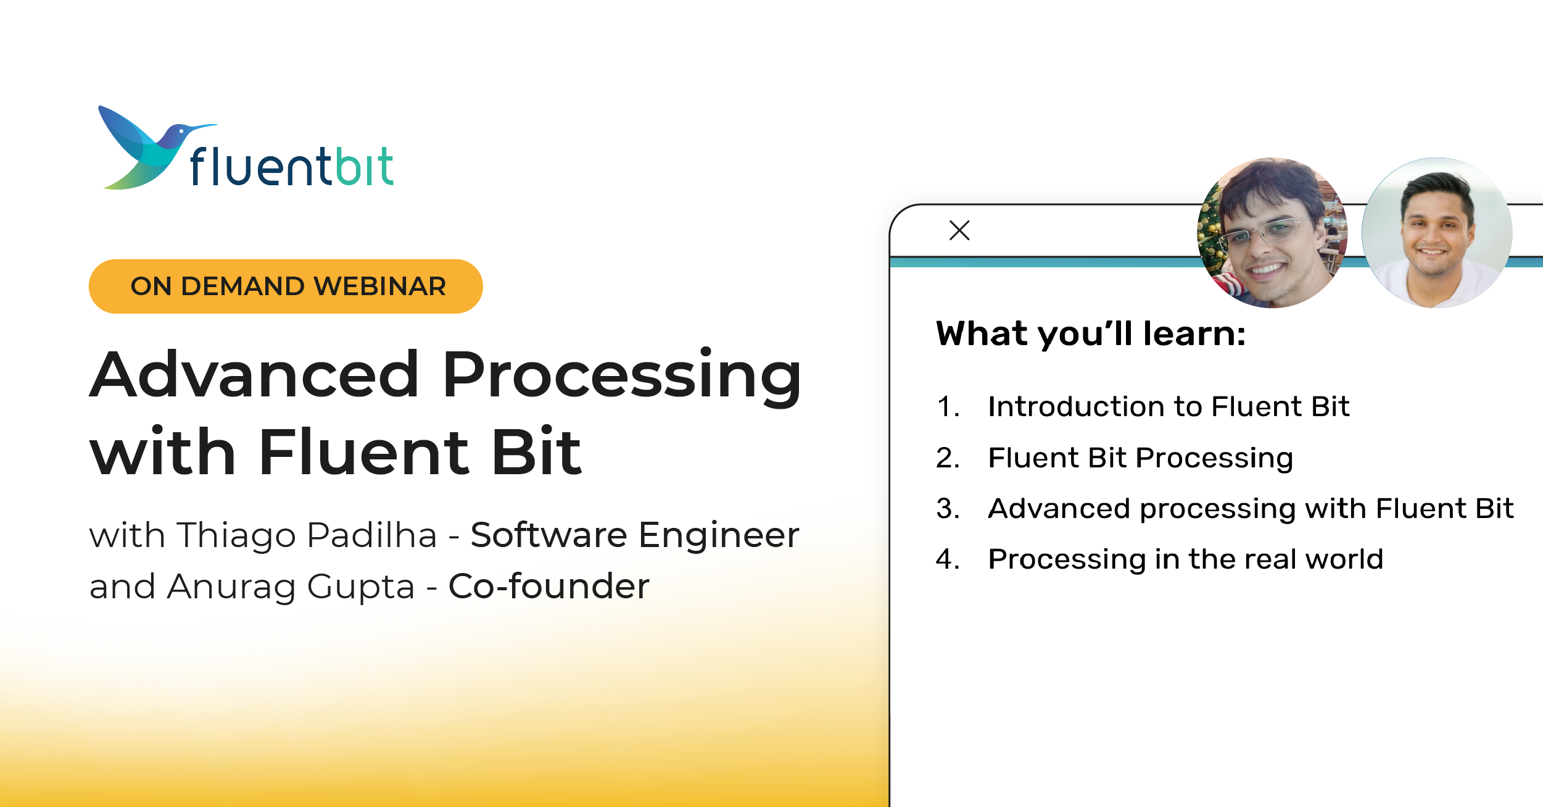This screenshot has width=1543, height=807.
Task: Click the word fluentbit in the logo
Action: (292, 167)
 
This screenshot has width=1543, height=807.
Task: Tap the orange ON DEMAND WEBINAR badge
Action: (286, 286)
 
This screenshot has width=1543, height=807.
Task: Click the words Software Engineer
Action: (634, 535)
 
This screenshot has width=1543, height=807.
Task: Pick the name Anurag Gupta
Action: (291, 586)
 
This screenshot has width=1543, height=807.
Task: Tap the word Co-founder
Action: (548, 586)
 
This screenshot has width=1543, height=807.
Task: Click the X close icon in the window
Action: (959, 230)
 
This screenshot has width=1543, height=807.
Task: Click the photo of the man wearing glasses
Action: (1272, 233)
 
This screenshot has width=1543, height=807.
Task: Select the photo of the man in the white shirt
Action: (1436, 233)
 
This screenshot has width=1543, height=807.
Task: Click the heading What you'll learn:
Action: (1091, 334)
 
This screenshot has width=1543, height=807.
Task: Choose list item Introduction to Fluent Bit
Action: (1169, 407)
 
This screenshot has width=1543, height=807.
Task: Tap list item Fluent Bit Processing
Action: (1140, 458)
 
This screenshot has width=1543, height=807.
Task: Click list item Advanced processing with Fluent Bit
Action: (1251, 509)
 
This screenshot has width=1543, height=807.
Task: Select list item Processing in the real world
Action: (1185, 559)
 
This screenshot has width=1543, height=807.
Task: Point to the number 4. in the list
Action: (948, 559)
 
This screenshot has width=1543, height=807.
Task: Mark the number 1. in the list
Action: (948, 407)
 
